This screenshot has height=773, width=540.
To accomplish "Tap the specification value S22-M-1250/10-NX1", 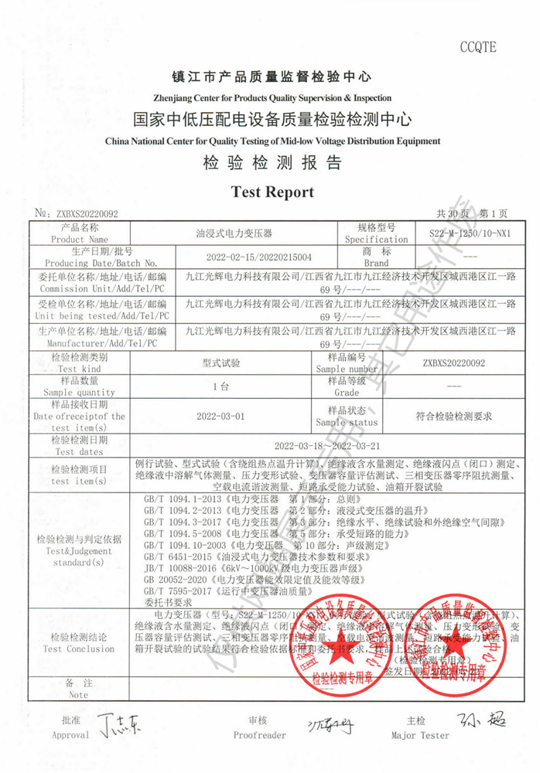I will coord(470,233).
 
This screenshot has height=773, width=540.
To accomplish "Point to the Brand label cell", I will coord(375,257).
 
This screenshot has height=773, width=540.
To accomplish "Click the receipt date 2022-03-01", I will coord(221,416).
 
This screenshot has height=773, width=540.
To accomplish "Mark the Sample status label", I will coord(347,416).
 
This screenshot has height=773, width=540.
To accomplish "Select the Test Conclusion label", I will coord(79,643).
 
